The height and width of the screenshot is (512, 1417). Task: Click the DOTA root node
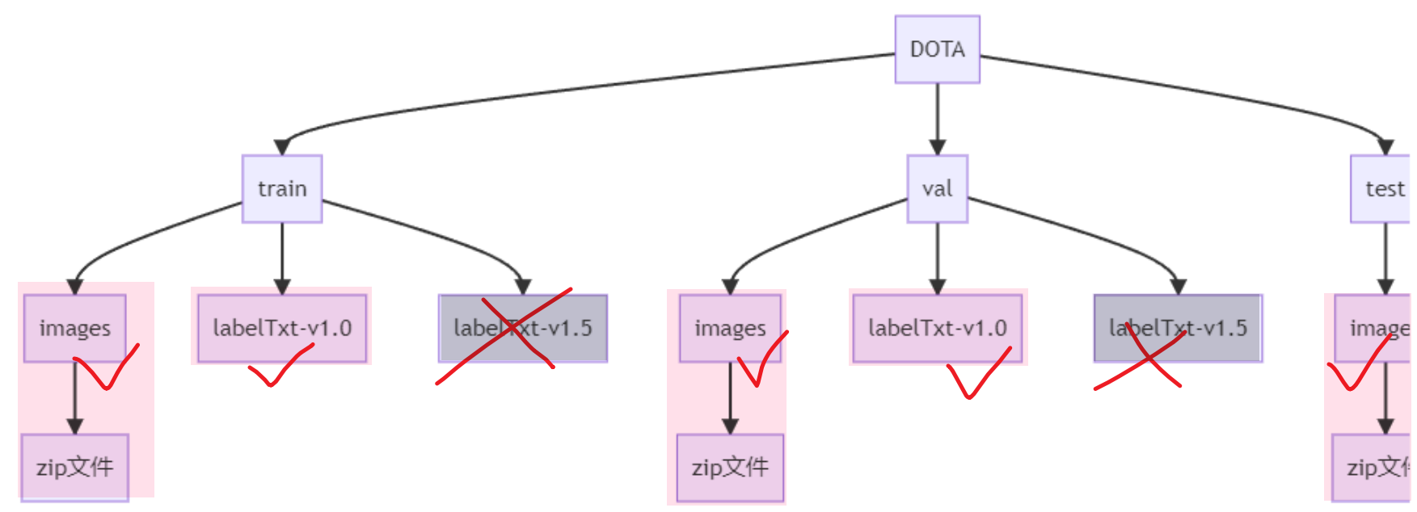pos(937,49)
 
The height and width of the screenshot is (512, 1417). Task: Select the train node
pos(282,189)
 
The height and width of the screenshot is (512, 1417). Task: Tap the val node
pos(937,189)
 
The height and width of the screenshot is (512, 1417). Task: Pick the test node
pos(1382,189)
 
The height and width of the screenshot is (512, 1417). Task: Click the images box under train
pos(74,328)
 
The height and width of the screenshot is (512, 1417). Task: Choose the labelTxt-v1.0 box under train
pos(282,328)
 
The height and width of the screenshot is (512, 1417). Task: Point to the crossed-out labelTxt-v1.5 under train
pos(522,328)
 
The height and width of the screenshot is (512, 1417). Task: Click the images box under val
pos(730,328)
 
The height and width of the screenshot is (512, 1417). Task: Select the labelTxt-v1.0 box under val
pos(937,328)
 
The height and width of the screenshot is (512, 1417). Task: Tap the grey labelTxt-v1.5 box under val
pos(1177,328)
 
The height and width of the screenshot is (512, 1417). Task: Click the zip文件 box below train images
pos(74,468)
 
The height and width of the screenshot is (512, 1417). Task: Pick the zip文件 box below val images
pos(730,468)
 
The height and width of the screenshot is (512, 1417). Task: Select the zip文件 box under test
pos(1373,468)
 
